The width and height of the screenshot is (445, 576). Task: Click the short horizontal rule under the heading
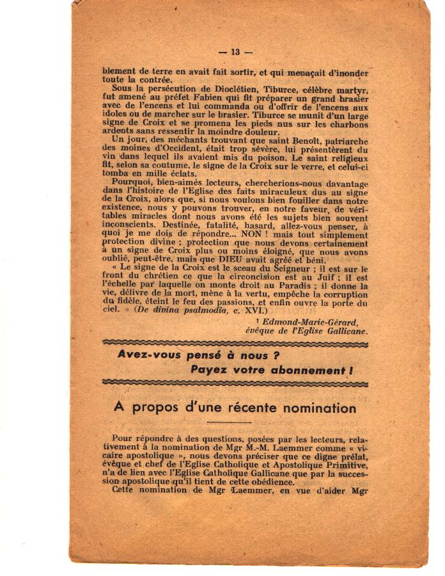(230, 422)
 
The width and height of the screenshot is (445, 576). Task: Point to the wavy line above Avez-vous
(234, 344)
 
